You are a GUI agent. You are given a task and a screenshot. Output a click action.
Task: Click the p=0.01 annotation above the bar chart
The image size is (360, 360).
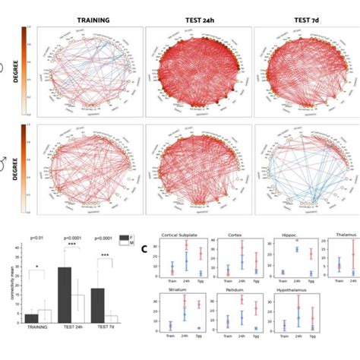point(36,238)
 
